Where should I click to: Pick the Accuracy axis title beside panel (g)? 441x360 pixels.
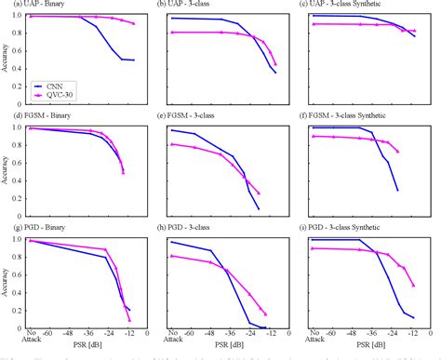[6, 283]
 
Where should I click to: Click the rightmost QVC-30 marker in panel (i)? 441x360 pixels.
[413, 286]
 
